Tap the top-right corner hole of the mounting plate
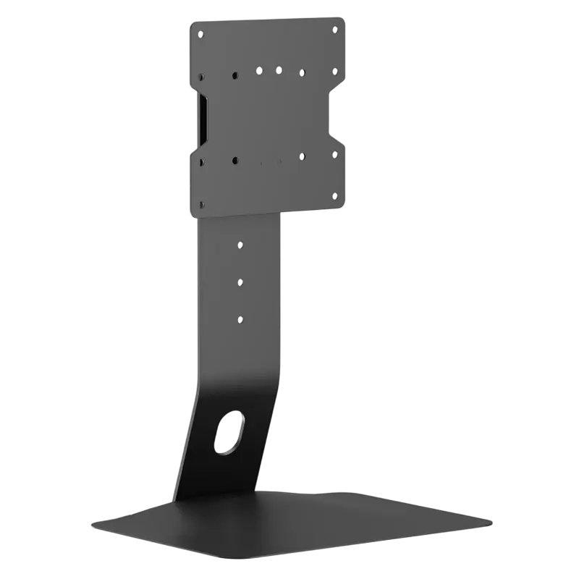(334, 28)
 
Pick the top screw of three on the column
(240, 245)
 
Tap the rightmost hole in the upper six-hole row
(334, 71)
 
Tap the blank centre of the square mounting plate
(268, 116)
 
